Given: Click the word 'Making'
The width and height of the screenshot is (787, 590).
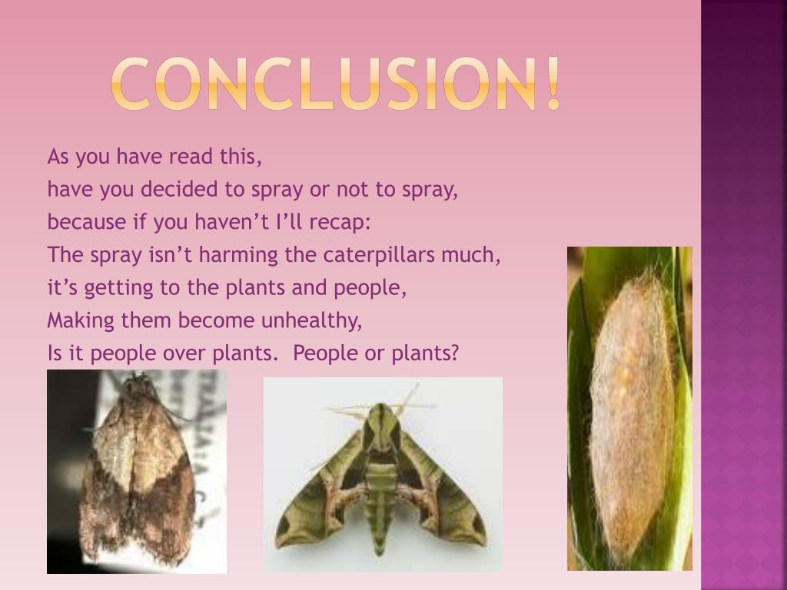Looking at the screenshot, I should [81, 320].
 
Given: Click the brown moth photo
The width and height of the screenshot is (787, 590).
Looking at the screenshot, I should [137, 472].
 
